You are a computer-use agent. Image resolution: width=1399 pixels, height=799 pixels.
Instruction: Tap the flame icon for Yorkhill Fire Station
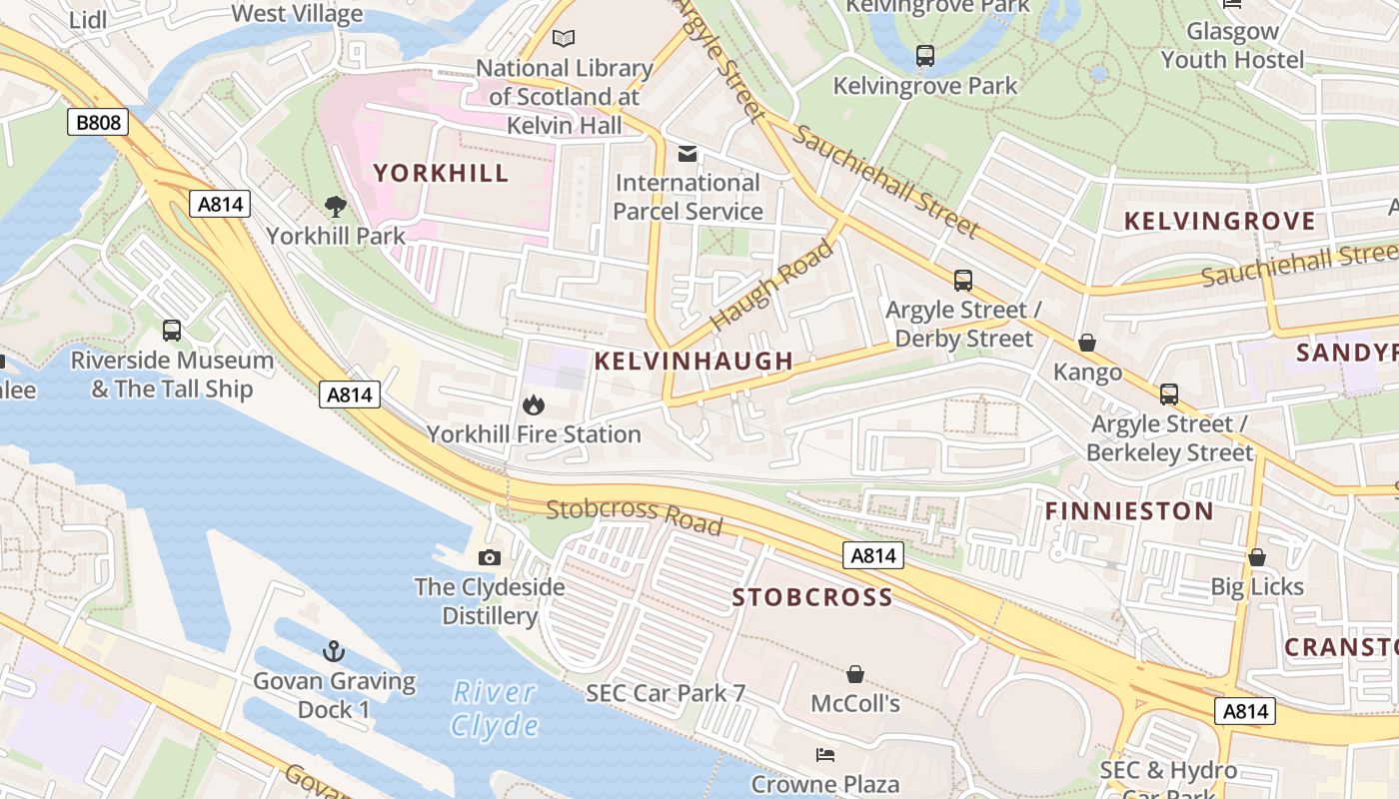coord(534,404)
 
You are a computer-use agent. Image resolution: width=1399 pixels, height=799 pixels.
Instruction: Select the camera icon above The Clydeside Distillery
coord(490,557)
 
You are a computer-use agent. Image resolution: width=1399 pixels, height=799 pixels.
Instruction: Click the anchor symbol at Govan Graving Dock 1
coord(333,652)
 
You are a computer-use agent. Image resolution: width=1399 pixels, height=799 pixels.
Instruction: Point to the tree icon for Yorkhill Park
coord(336,207)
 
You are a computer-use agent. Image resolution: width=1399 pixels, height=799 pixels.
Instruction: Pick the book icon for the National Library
coord(565,39)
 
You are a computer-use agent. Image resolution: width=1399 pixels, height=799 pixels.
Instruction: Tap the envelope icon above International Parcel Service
coord(688,154)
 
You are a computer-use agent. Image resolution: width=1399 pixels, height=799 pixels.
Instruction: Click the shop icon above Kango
coord(1087,344)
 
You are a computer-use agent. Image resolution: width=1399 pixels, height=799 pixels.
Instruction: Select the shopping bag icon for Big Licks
coord(1257,557)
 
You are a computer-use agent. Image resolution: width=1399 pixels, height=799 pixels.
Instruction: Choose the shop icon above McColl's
coord(854,674)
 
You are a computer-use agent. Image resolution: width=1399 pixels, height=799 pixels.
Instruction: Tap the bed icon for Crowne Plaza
coord(825,754)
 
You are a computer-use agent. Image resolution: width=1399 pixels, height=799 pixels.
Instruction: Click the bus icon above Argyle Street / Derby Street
coord(963,281)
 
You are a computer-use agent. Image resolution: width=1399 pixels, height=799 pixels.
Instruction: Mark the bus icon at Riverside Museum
coord(171,331)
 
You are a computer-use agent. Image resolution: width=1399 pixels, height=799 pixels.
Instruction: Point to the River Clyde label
coord(495,708)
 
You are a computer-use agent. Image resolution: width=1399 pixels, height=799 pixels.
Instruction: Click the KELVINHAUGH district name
coord(694,362)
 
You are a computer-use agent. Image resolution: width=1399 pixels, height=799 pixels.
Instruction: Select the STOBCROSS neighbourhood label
coord(812,598)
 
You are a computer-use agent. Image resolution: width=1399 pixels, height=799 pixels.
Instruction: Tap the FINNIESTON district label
coord(1129,511)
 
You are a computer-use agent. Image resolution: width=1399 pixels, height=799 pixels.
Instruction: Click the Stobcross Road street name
coord(634,515)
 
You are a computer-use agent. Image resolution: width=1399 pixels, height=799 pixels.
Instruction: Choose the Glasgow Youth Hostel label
coord(1232,45)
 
